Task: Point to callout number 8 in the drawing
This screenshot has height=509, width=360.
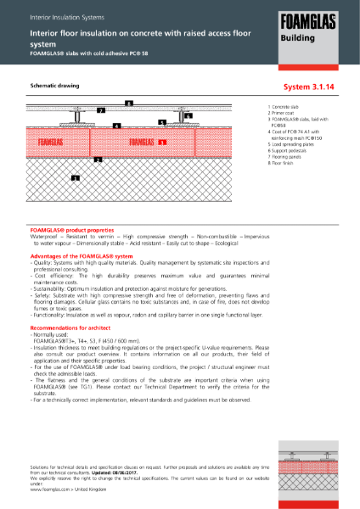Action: point(128,103)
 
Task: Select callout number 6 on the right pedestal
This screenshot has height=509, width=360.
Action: point(188,115)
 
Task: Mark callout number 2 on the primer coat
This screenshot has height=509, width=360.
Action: point(98,159)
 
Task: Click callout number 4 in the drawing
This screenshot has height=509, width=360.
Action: point(116,126)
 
